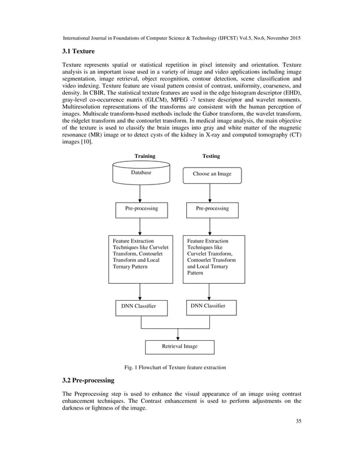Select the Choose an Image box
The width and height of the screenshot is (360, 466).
coord(212,174)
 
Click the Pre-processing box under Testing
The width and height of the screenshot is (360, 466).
coord(212,209)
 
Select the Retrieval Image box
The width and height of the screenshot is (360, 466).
coord(180,346)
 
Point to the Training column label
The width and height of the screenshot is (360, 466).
coord(144,156)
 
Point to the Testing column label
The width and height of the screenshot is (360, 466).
coord(211,156)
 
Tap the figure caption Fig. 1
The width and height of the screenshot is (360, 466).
coord(179,367)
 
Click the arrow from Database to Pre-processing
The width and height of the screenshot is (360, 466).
coord(140,194)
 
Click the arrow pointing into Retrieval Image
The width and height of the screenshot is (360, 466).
coord(178,334)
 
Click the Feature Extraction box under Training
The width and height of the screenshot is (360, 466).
coord(141,259)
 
